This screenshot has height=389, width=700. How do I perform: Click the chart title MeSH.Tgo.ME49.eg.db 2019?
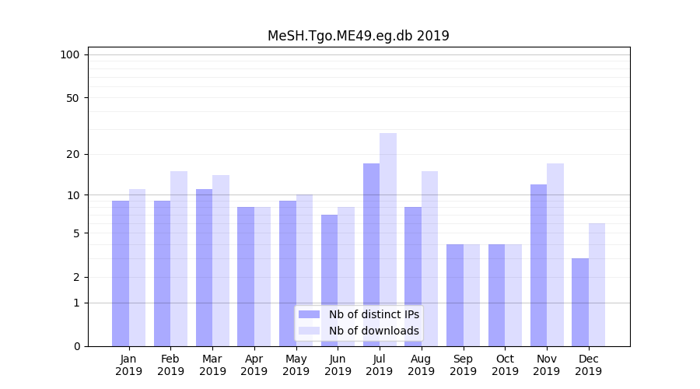pos(358,36)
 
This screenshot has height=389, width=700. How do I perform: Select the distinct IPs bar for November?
pos(538,265)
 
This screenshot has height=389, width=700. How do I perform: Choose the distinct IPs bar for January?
pos(121,273)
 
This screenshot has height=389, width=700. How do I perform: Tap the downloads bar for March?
pos(221,261)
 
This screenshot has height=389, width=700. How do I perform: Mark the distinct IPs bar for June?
pos(330,280)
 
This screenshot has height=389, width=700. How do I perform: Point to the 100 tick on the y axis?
pos(70,54)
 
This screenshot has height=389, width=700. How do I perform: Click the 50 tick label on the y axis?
pos(73,98)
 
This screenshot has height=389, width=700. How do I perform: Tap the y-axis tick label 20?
pos(73,154)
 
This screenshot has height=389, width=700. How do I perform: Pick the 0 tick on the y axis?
pos(76,346)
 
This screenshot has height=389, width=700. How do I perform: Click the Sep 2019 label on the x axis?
pos(463,365)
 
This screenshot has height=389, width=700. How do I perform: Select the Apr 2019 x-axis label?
pos(254,365)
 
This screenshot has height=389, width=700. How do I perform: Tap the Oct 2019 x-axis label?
pos(505,365)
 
